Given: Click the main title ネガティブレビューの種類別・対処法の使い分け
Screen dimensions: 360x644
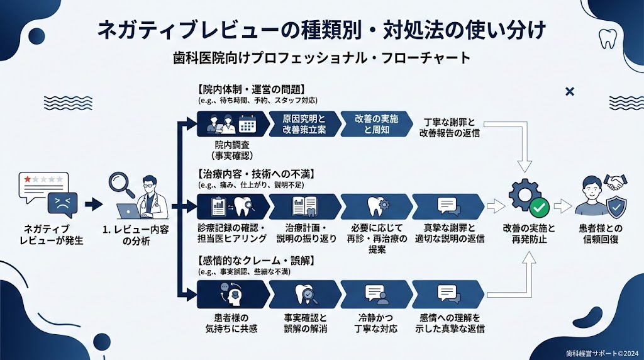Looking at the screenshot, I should point(321,30).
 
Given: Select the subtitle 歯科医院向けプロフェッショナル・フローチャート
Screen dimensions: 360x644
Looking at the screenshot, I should point(321,58).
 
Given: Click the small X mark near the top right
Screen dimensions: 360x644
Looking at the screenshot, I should point(570,92).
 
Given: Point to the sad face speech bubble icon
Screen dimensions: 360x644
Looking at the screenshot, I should point(62,205).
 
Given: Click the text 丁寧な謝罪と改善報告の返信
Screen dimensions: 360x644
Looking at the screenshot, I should point(450,127).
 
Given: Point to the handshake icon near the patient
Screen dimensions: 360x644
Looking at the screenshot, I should point(616,182).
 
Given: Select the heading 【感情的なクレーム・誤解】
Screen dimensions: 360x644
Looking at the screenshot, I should point(247,260).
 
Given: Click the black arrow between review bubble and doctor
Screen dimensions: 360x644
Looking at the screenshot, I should point(93,203).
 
